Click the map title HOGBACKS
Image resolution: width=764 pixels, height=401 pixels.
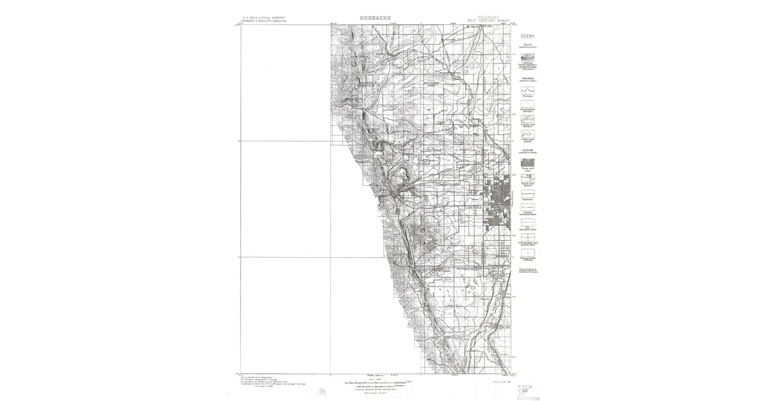coord(376,17)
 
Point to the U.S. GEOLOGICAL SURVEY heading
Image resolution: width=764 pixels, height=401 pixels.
coord(264,17)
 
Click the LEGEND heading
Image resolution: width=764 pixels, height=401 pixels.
coord(527,36)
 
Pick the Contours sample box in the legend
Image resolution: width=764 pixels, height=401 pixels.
coord(527,57)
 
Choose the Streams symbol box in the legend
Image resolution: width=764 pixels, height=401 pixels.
coord(527,90)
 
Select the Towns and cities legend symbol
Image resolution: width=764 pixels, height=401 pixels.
coord(527,162)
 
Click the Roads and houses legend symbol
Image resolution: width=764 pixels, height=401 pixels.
coord(527,178)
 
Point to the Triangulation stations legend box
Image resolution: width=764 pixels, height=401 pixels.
coord(527,253)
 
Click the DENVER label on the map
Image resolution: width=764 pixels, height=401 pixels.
coord(474,208)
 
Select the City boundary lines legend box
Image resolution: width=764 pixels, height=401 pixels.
coord(527,223)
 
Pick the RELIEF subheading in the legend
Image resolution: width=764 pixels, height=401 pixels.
coord(527,45)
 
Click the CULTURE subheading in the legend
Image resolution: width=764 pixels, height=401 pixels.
coord(527,151)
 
